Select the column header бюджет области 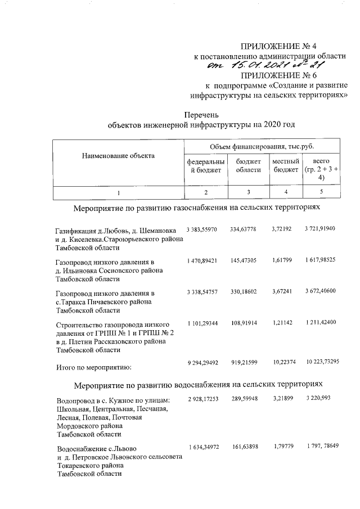click(x=248, y=166)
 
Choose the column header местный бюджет click(x=285, y=166)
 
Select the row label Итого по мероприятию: click(x=93, y=368)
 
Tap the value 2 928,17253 click(x=200, y=399)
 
